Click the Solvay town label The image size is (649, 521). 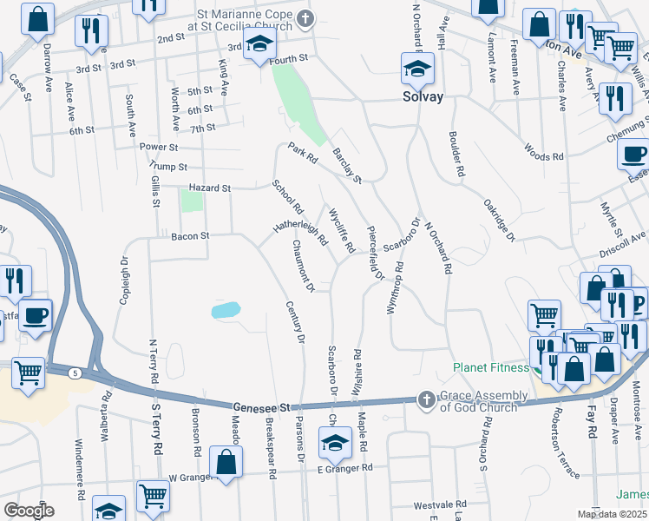(x=423, y=96)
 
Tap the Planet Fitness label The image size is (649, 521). (x=491, y=367)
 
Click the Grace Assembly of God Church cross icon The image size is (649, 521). (x=425, y=399)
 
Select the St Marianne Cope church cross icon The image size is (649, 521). (x=305, y=18)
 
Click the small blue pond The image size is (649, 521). (x=225, y=309)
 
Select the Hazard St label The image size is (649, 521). (x=210, y=188)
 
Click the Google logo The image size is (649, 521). (x=29, y=511)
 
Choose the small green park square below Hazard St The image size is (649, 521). (x=192, y=201)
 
